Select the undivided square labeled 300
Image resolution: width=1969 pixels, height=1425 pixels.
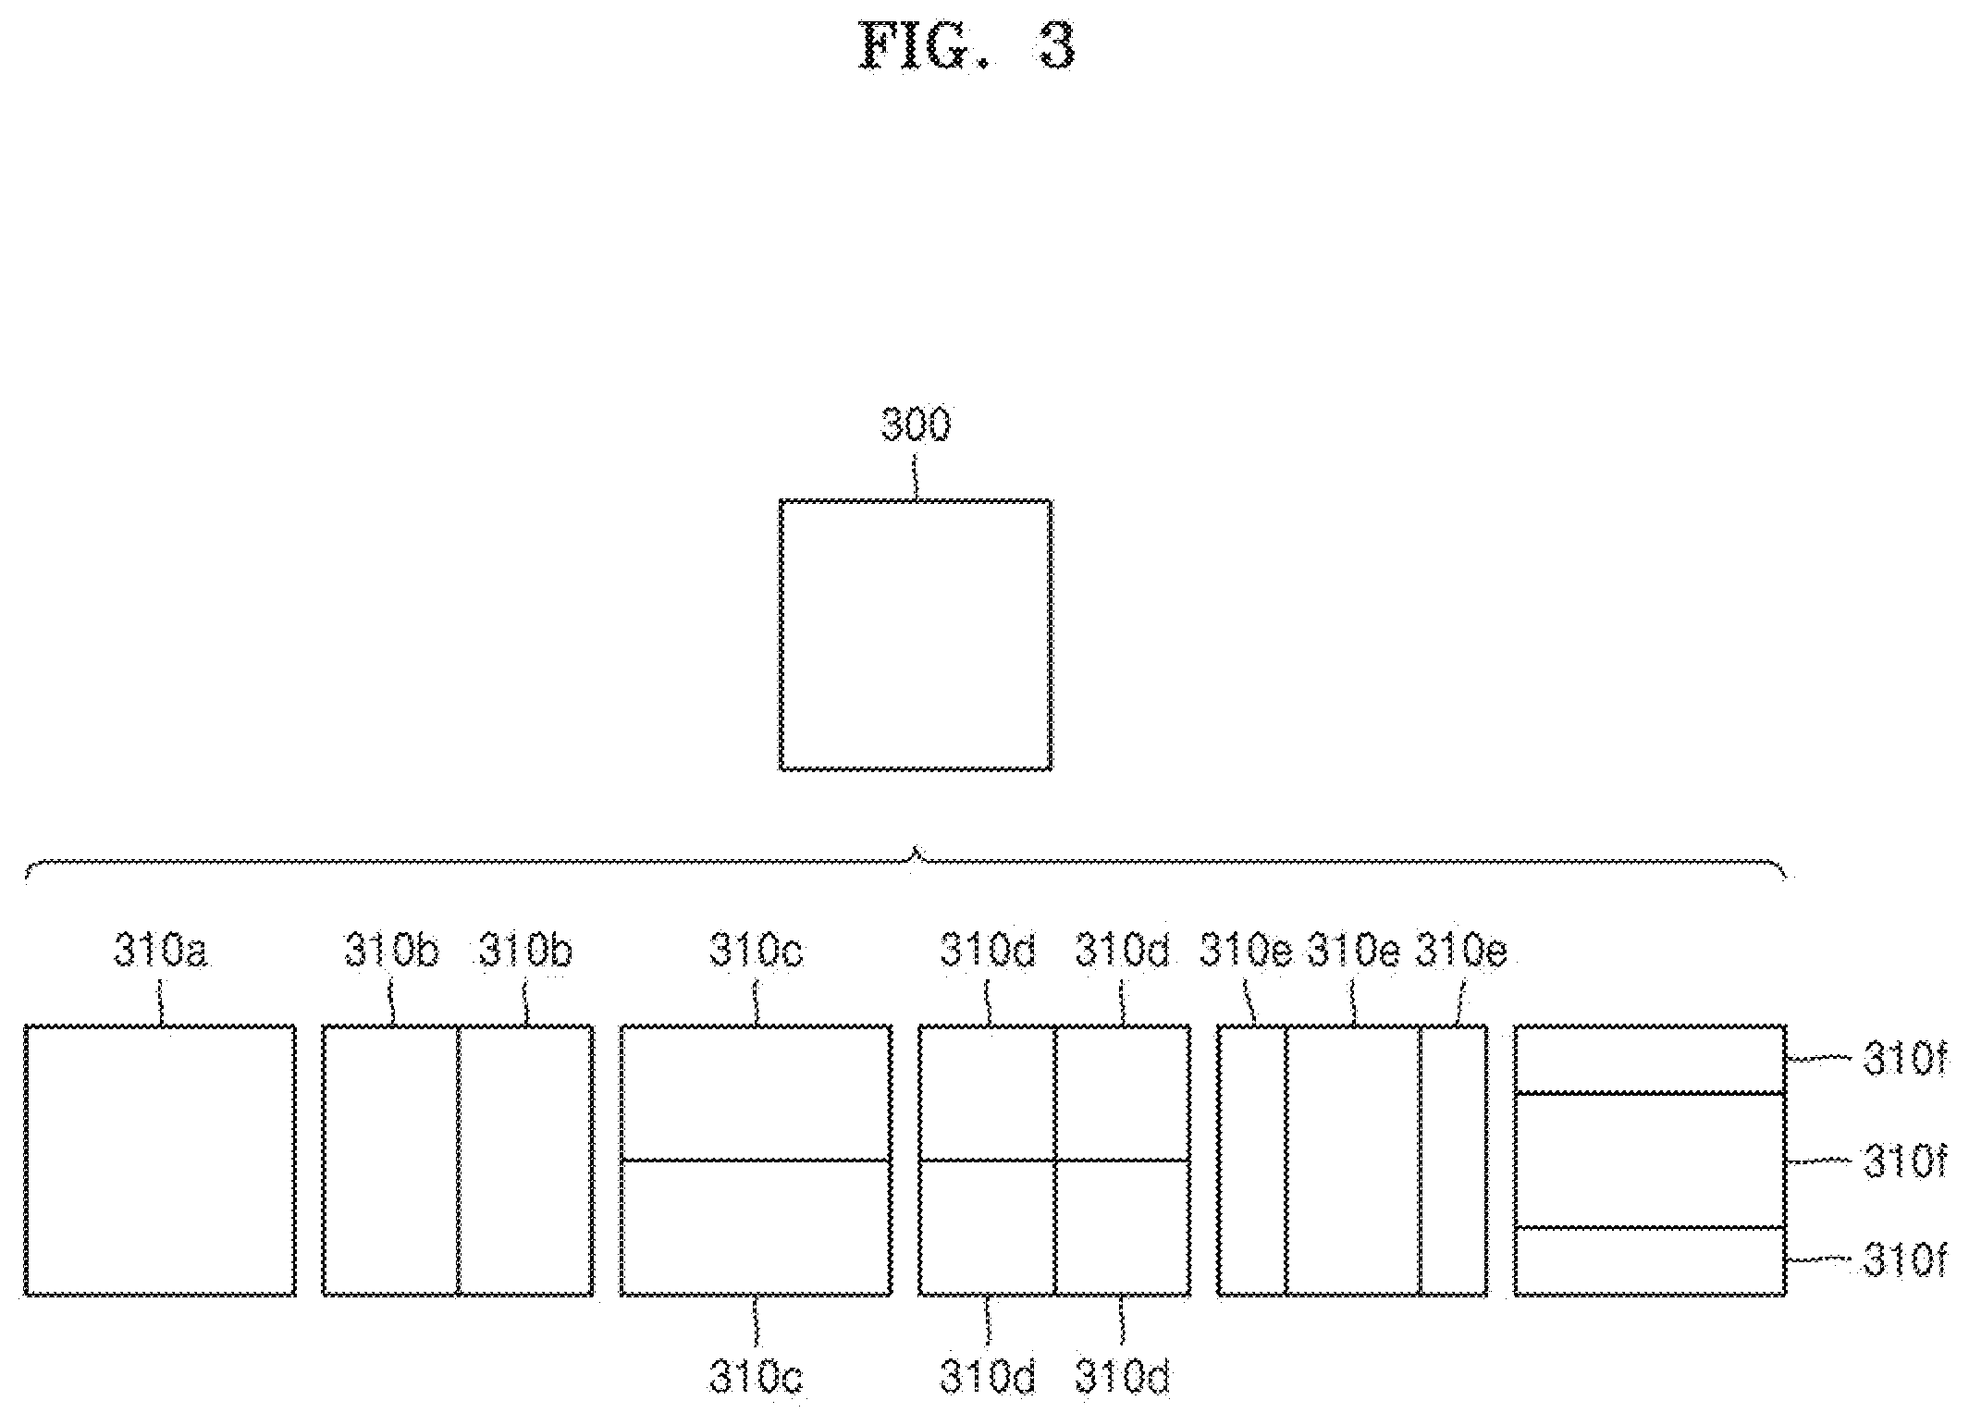pos(916,634)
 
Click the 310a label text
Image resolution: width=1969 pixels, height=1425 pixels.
pos(160,950)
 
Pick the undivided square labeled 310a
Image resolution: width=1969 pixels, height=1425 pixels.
pos(160,1160)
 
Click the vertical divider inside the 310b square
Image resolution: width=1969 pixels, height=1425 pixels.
pos(459,1160)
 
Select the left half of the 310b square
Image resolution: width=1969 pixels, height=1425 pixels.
pos(390,1160)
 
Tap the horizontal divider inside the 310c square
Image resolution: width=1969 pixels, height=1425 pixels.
pos(757,1160)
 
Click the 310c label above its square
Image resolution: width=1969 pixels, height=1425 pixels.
pos(757,950)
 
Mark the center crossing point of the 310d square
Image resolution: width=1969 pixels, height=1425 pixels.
pos(1055,1160)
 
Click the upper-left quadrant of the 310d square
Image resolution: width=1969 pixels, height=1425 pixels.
pos(987,1092)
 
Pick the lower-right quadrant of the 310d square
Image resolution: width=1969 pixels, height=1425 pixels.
pos(1123,1228)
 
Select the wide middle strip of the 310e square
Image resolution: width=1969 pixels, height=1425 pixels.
pos(1353,1160)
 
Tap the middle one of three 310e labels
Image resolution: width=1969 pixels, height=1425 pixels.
pos(1353,950)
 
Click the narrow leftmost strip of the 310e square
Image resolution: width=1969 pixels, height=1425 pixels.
pos(1252,1160)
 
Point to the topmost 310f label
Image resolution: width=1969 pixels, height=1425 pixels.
pos(1905,1061)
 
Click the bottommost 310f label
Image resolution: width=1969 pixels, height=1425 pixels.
pos(1905,1261)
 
